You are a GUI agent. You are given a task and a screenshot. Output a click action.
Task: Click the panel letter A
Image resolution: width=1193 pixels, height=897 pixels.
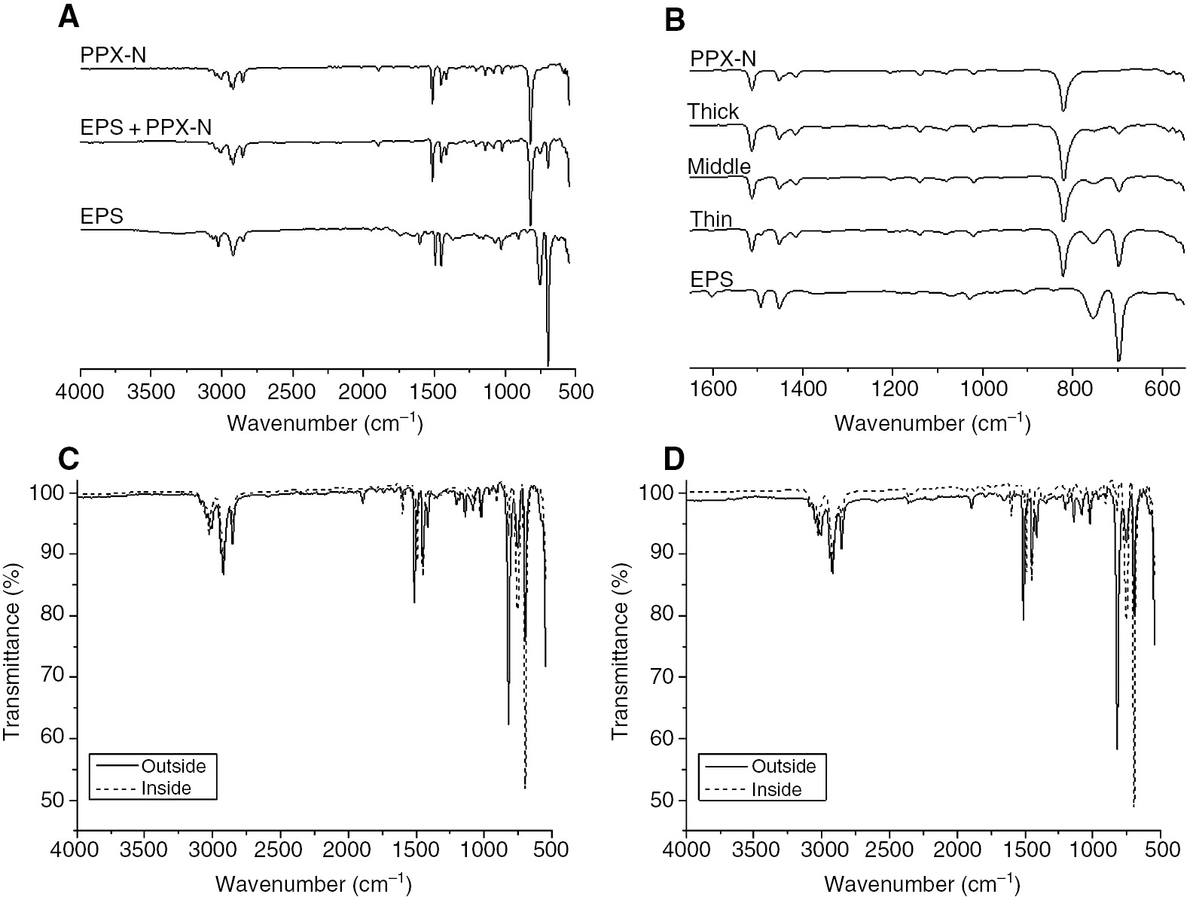(x=69, y=17)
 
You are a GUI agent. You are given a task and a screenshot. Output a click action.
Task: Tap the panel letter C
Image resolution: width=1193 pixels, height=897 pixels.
(x=69, y=459)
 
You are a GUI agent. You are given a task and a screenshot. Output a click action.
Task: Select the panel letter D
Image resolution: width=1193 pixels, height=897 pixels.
(x=676, y=459)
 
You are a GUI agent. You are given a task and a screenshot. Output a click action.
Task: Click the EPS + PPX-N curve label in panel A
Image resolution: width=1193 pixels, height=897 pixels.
(x=145, y=127)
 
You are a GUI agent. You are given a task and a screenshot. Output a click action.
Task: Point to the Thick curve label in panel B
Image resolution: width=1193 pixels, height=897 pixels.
(x=713, y=112)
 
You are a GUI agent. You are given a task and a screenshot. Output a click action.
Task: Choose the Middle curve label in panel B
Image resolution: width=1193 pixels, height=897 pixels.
(x=719, y=166)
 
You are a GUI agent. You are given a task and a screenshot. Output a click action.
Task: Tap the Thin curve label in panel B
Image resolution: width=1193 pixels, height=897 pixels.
(x=711, y=219)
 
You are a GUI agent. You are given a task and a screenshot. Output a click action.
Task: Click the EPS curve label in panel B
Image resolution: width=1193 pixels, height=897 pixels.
(x=712, y=279)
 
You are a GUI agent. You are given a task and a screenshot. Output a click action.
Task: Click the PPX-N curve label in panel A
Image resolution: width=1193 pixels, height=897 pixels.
(x=113, y=55)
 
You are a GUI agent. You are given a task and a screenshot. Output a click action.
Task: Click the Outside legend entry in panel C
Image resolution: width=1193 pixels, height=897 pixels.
(x=172, y=766)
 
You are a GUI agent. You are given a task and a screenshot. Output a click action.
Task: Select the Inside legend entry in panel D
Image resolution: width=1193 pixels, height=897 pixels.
(x=777, y=790)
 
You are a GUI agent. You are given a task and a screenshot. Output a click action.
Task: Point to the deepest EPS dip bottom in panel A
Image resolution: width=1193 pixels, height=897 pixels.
(x=548, y=364)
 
